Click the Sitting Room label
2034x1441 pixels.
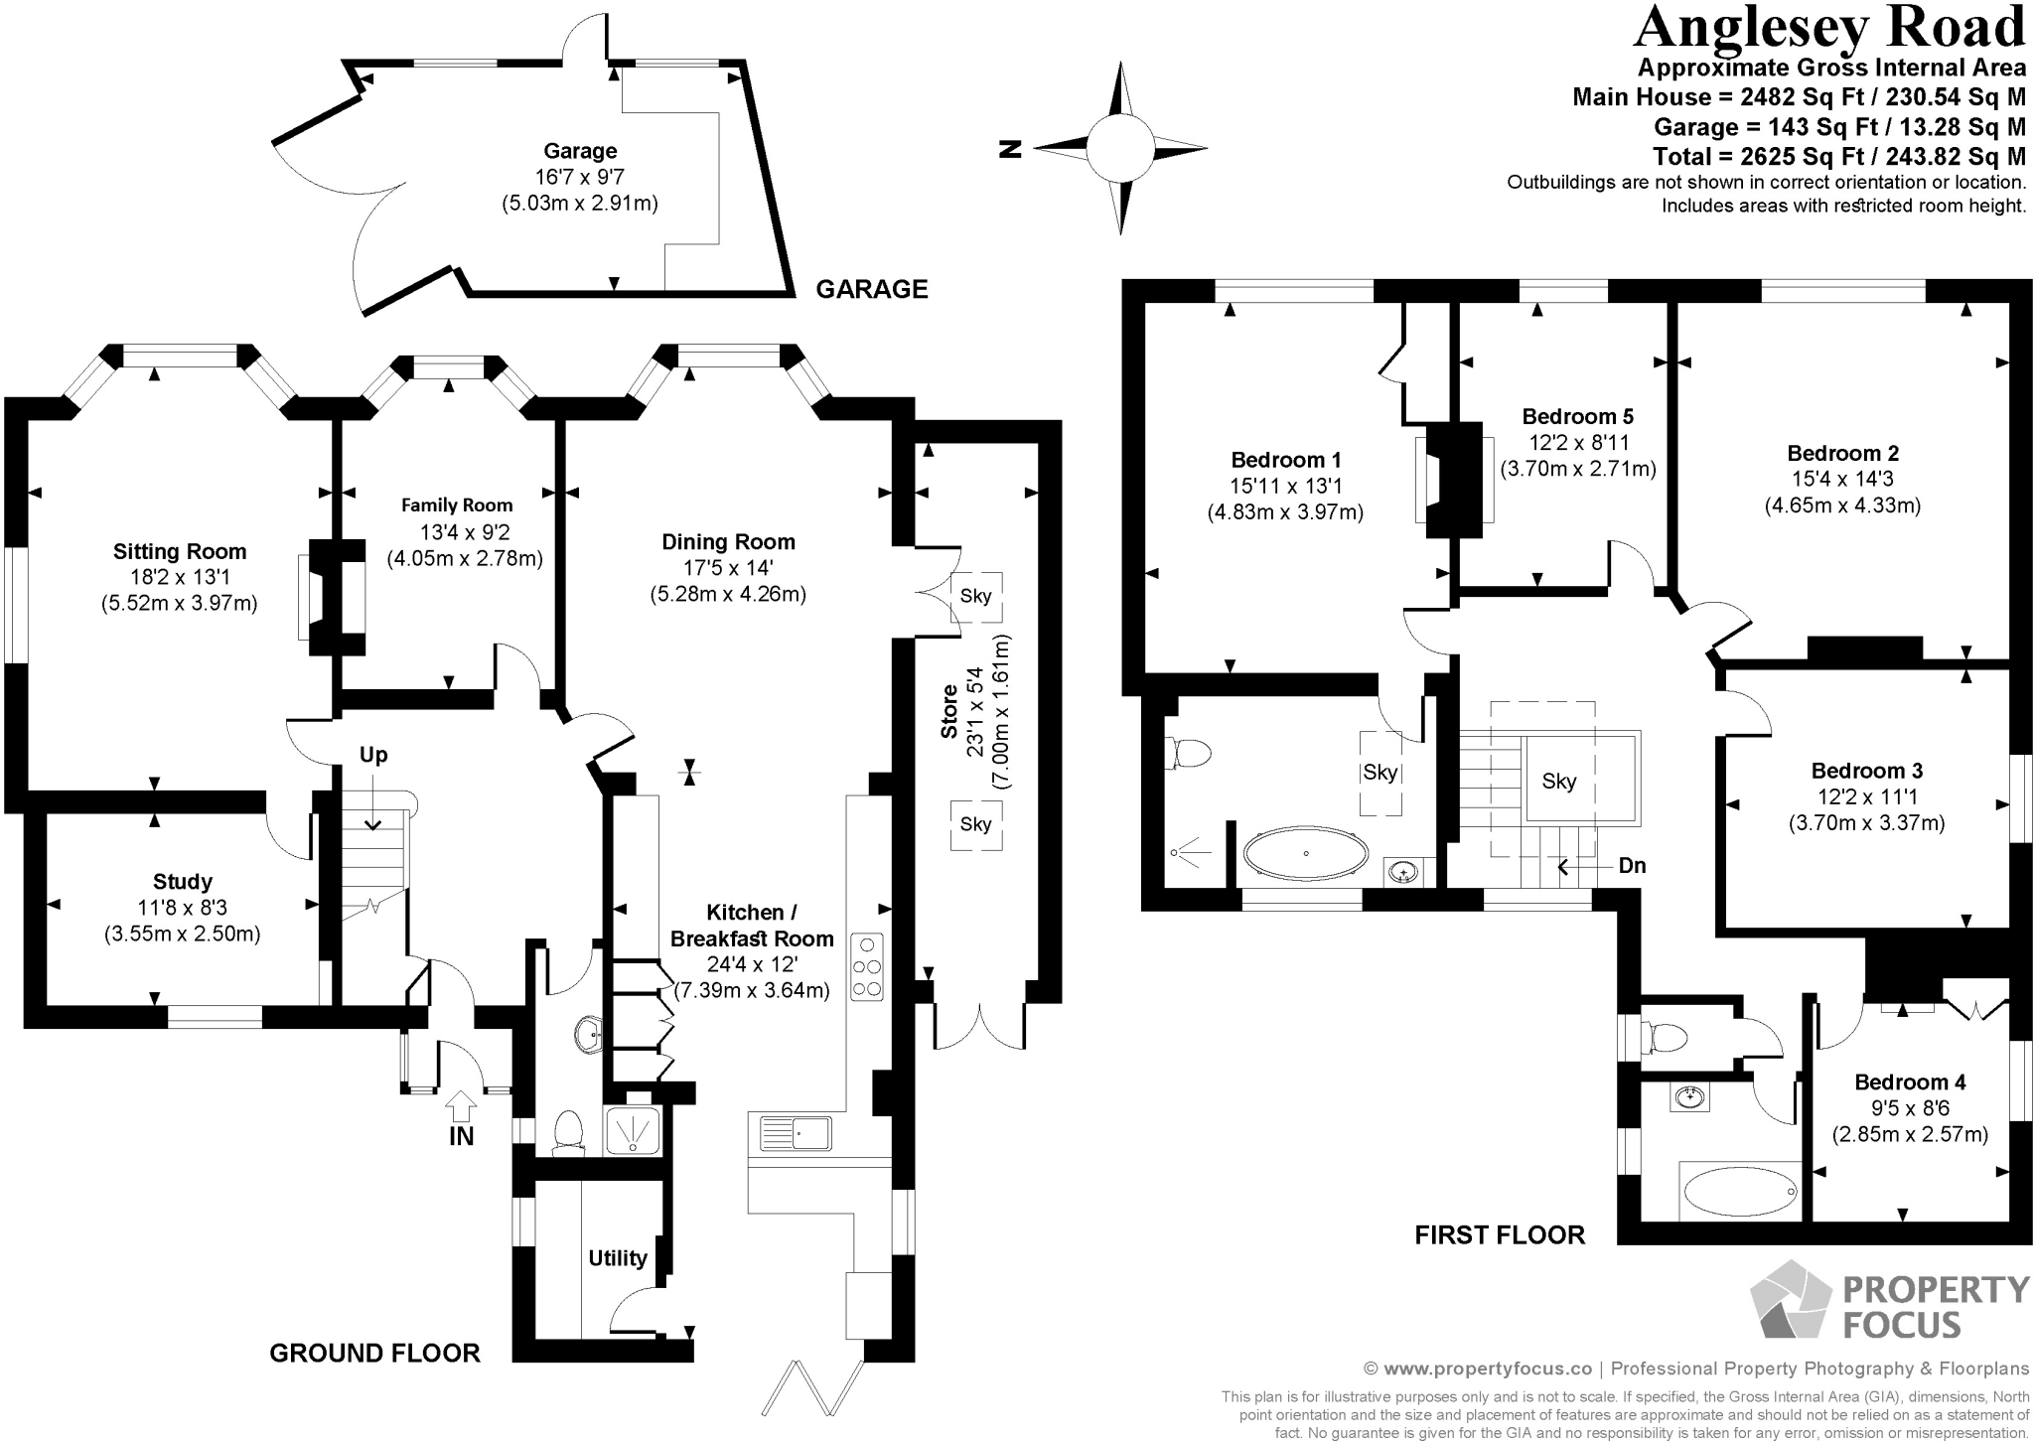[x=179, y=551]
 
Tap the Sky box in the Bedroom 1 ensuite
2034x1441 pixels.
[x=1380, y=773]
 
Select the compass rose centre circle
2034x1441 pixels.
[x=1120, y=149]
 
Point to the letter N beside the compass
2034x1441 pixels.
[x=1010, y=149]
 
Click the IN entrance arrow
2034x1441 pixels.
[x=461, y=1105]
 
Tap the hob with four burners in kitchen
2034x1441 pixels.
[x=867, y=965]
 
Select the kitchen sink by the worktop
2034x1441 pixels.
[x=797, y=1133]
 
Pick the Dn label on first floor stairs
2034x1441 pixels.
[x=1632, y=865]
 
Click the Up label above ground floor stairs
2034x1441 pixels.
[x=373, y=755]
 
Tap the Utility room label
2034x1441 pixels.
[x=618, y=1258]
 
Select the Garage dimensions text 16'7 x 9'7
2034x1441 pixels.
[x=580, y=177]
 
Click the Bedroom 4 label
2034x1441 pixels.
[x=1910, y=1081]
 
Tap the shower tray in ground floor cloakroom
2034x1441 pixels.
[x=632, y=1130]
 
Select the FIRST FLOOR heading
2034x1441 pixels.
[x=1500, y=1234]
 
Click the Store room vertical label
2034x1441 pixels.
[x=948, y=711]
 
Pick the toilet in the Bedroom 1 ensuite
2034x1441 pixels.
[x=1190, y=753]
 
